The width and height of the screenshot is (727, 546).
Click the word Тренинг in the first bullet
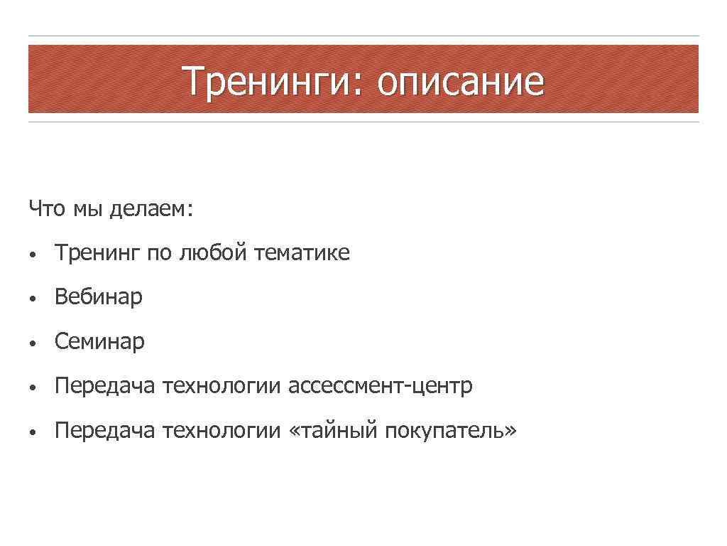click(x=98, y=253)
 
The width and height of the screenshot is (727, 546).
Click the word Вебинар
click(x=99, y=297)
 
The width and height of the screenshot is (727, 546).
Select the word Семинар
click(x=99, y=342)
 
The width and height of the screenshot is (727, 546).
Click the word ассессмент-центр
click(x=380, y=387)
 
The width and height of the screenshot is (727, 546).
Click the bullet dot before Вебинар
click(x=33, y=299)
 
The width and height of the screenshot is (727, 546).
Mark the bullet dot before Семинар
click(x=33, y=343)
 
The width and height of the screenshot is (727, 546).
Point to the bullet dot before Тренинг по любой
click(x=33, y=254)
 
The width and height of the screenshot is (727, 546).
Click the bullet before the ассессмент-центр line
click(x=33, y=388)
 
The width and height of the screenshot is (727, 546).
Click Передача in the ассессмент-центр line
click(x=104, y=387)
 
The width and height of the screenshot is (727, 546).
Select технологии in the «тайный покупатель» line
click(x=222, y=432)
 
